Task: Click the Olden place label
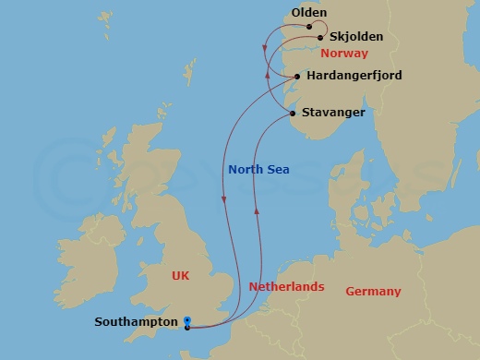click(x=308, y=13)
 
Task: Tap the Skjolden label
click(x=356, y=38)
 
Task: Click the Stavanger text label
click(x=334, y=113)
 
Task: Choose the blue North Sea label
click(x=258, y=169)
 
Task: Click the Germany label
click(x=373, y=292)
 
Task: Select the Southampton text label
click(x=136, y=322)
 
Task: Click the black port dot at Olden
click(x=309, y=27)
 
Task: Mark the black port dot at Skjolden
click(x=320, y=38)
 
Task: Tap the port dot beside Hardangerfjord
click(x=296, y=76)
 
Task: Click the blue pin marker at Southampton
click(x=187, y=321)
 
